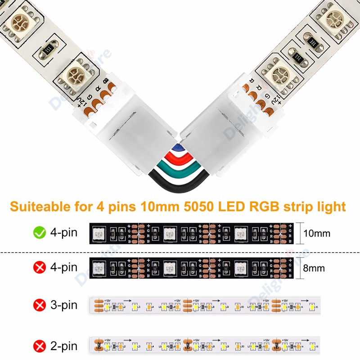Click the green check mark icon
pos(40,233)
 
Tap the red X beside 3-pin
pos(40,306)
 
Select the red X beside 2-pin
pos(40,346)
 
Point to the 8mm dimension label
pos(314,269)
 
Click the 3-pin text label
pos(63,306)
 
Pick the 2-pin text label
pos(63,346)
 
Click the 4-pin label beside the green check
pos(63,233)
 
